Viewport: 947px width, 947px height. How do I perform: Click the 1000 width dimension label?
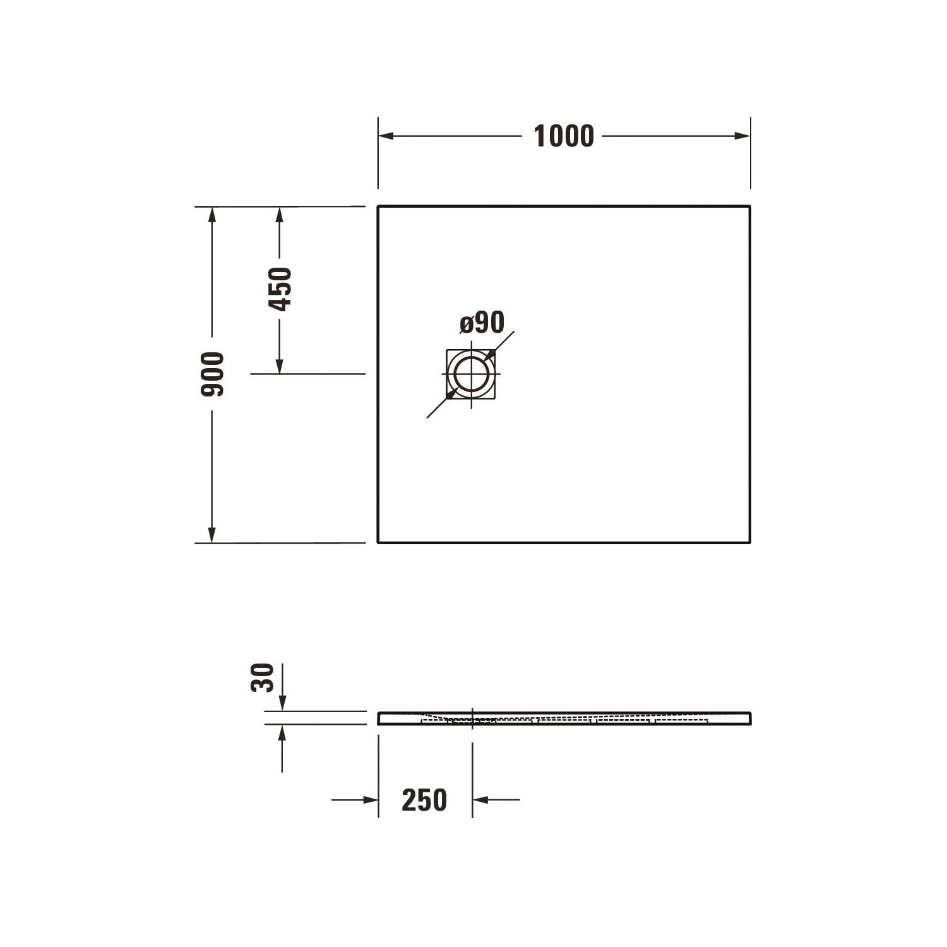coord(564,136)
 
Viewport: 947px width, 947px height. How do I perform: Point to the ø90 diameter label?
coord(482,323)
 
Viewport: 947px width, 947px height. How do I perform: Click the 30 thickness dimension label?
coord(263,677)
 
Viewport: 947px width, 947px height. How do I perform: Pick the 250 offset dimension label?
coord(424,800)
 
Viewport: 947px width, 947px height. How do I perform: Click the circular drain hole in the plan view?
coord(471,374)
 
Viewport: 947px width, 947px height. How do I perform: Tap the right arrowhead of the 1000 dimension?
coord(742,136)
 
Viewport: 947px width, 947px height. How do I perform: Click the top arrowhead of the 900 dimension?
coord(212,215)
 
